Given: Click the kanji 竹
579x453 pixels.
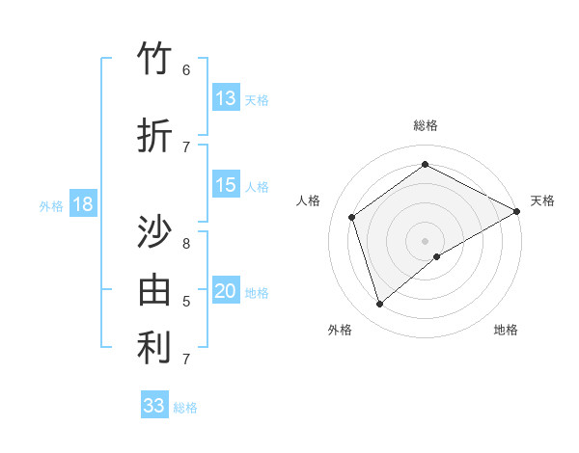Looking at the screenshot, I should (155, 60).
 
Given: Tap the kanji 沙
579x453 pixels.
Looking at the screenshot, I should (155, 233).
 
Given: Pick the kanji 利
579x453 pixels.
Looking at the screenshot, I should (155, 348).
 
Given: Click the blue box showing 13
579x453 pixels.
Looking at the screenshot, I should (226, 98).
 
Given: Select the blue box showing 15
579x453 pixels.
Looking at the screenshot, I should (226, 185).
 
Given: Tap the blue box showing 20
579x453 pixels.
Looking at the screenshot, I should (226, 292).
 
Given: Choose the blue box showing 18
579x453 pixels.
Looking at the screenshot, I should (82, 204).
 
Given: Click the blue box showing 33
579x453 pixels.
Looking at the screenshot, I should (154, 406).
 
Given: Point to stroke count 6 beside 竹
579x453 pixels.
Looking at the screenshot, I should (186, 70).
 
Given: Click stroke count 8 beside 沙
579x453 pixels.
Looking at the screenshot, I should (186, 243).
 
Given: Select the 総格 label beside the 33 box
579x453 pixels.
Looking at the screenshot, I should (185, 408).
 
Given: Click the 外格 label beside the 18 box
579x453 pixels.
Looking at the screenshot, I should (51, 206).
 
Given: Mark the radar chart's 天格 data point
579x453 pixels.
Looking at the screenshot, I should (517, 212).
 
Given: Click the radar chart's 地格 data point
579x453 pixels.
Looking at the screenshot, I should (437, 256).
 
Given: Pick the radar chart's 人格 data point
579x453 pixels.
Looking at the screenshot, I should (352, 217).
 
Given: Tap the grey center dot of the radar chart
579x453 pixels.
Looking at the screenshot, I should (425, 240).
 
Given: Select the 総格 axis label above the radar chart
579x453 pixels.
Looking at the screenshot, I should (425, 125).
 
